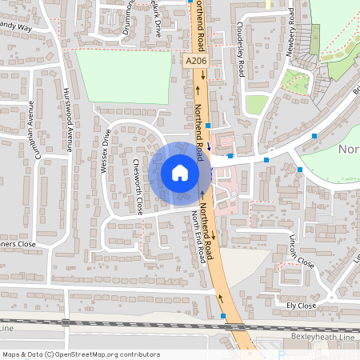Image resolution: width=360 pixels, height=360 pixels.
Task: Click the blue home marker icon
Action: tap(180, 173)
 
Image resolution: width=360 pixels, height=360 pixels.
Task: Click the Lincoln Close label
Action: tap(302, 253)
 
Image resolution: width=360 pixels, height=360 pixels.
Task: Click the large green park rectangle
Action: tap(128, 76)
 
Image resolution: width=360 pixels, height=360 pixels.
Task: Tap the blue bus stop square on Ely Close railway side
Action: tap(222, 317)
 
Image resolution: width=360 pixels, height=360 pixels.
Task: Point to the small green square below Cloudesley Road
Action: tap(257, 104)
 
